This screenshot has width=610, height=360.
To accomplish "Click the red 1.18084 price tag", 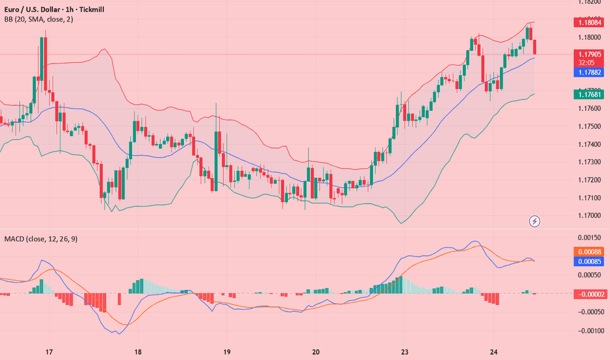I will (x=590, y=23).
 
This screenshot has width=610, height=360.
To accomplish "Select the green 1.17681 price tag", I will (x=590, y=94).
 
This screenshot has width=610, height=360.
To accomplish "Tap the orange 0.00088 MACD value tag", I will (x=590, y=251).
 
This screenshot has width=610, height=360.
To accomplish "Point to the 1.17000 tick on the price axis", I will (x=590, y=215).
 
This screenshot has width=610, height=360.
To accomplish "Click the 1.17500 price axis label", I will (x=590, y=126).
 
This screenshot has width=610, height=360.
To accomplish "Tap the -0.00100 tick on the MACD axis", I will (x=590, y=331).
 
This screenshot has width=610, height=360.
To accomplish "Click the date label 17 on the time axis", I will (x=48, y=351).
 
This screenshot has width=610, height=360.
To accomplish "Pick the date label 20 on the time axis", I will (x=315, y=351).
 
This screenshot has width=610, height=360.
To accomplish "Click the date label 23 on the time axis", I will (x=404, y=351).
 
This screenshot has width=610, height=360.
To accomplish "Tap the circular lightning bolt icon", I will (x=535, y=221).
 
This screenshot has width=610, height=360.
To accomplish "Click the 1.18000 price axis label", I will (x=590, y=37).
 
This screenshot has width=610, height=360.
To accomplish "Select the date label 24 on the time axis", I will (x=493, y=351).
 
